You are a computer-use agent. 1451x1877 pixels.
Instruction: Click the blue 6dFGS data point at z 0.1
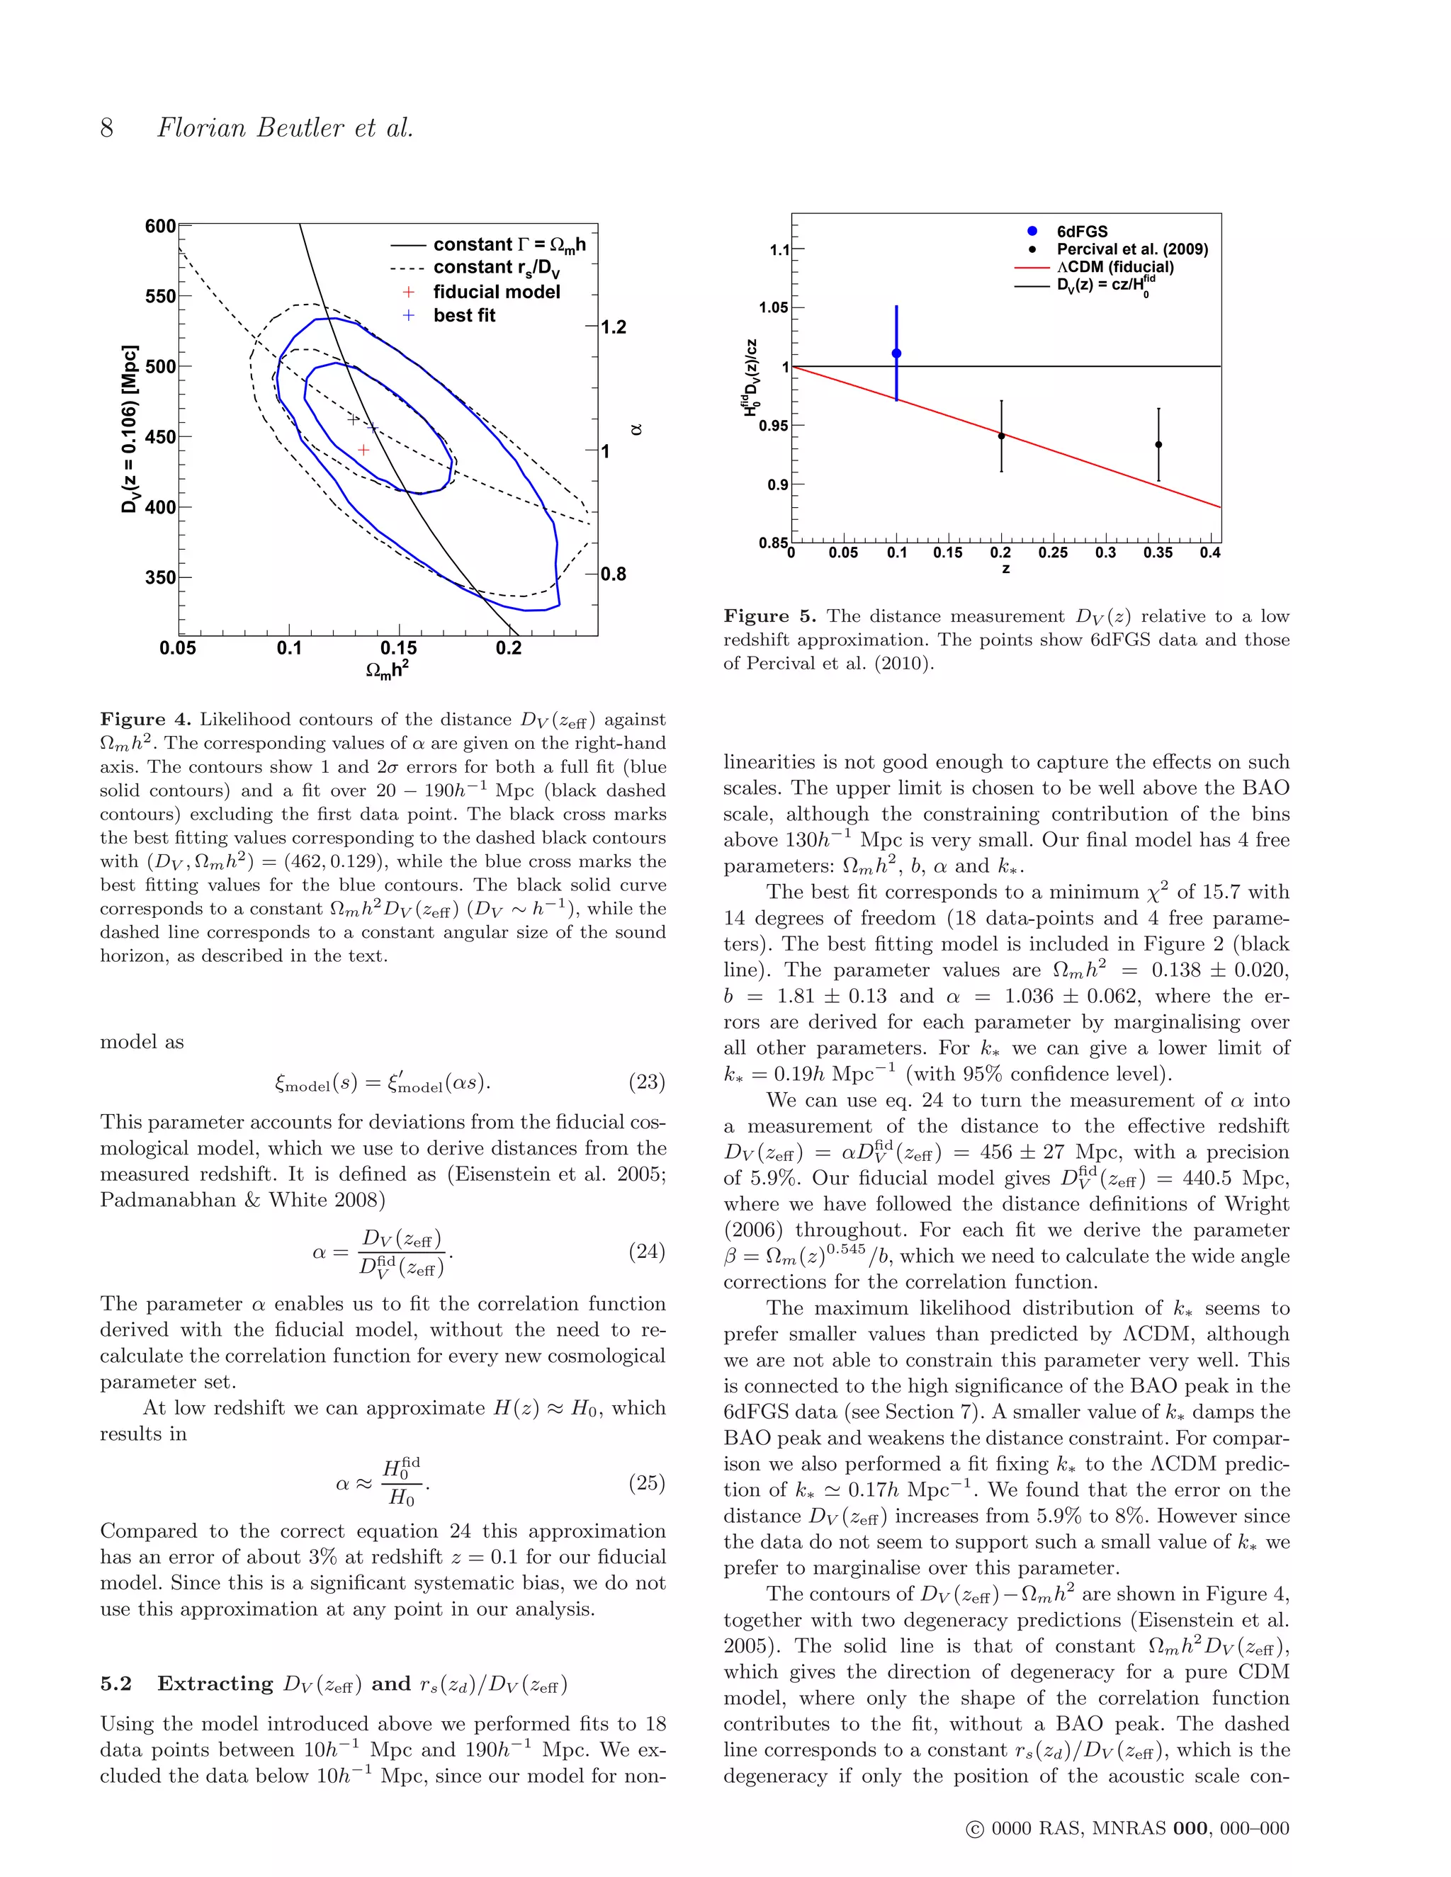click(896, 353)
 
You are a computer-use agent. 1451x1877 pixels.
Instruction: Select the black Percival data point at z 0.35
click(1158, 444)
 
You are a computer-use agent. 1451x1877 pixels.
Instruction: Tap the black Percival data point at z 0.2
click(1001, 436)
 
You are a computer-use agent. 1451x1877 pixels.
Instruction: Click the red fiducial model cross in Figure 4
click(363, 450)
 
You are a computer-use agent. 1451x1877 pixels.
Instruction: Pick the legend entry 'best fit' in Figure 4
click(464, 315)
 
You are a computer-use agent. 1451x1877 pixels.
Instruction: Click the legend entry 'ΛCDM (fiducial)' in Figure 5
click(1115, 266)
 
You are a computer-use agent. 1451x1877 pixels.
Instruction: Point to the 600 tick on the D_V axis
click(160, 226)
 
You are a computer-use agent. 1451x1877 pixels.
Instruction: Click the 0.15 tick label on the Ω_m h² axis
click(398, 647)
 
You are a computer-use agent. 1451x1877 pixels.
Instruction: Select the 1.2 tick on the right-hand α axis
click(613, 327)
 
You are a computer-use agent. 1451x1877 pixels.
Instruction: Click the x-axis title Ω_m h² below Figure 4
click(387, 669)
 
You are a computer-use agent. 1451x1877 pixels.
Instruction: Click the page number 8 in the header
click(106, 128)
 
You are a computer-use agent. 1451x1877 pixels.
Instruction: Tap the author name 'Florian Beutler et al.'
click(285, 128)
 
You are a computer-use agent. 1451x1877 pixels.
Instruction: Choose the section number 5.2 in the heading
click(116, 1683)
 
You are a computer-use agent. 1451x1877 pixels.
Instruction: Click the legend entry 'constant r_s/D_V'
click(496, 268)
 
